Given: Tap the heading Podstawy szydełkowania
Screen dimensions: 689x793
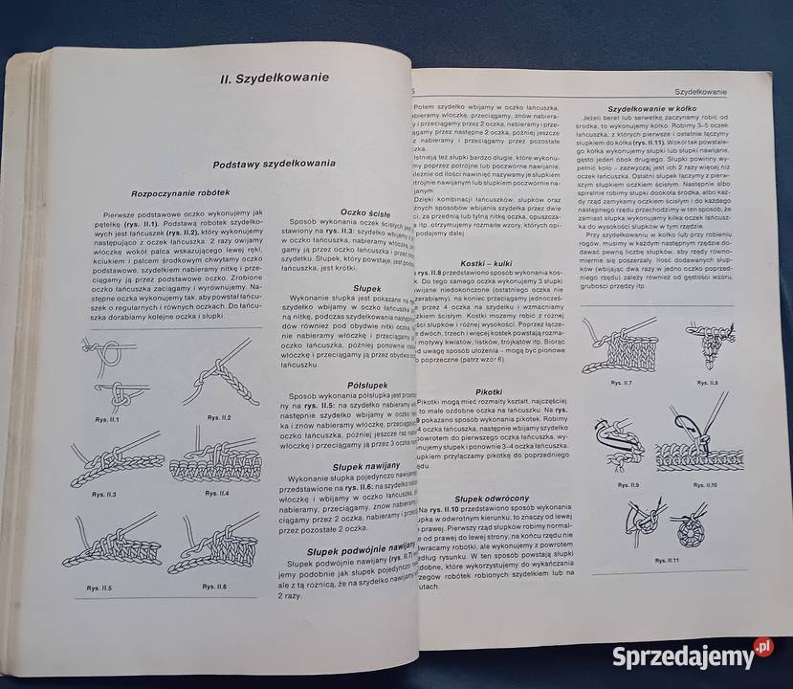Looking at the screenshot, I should (x=274, y=164).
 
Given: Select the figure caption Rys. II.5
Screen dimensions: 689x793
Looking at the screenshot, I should (x=99, y=588).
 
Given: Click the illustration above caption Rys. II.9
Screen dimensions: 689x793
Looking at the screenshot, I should (x=621, y=444).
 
